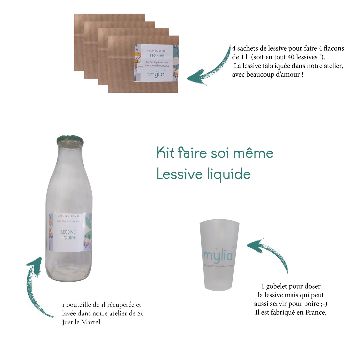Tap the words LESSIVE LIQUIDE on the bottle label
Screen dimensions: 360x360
tap(68, 235)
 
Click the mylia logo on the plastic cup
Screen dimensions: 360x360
tap(218, 256)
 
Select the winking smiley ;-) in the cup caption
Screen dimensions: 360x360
tap(320, 304)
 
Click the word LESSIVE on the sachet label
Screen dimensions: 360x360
tap(157, 56)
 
